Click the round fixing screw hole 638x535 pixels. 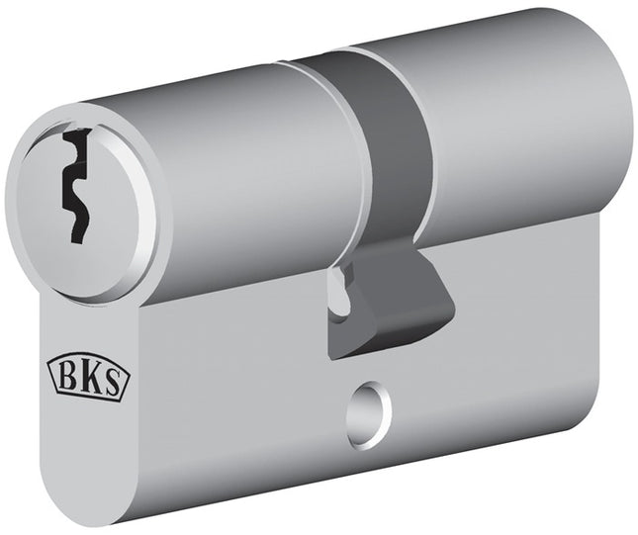(x=369, y=406)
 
